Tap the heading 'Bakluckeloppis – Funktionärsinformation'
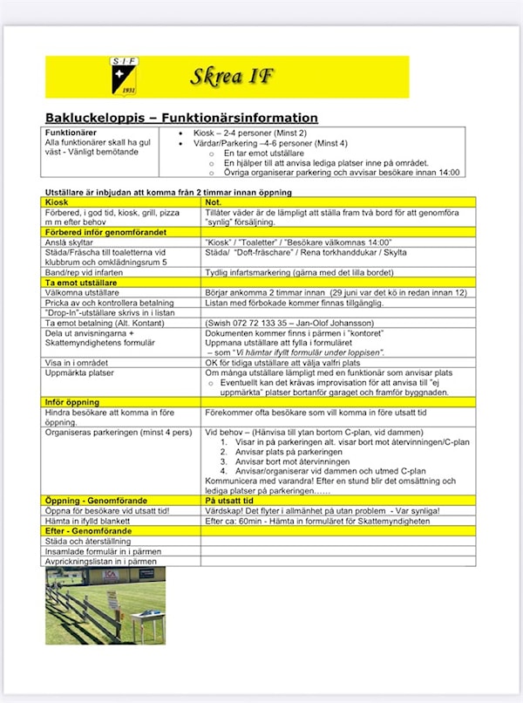181,118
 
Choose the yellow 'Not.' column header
214,202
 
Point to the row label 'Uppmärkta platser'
80,372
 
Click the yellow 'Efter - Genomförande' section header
89,530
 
